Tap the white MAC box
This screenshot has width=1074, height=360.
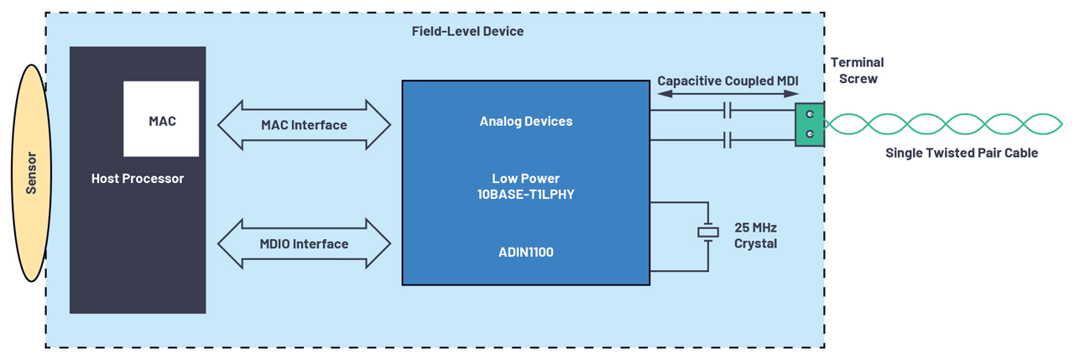161,119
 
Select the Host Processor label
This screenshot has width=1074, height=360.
138,179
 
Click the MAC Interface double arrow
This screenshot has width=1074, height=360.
304,125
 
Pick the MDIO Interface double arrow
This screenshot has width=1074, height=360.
304,244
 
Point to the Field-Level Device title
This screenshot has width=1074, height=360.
467,31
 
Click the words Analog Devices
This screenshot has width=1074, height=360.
525,121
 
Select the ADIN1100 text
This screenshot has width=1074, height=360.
525,252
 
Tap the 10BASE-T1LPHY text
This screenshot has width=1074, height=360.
525,194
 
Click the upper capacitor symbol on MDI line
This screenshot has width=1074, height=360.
727,110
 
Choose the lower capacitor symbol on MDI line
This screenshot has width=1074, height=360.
727,140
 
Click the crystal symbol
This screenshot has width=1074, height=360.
708,232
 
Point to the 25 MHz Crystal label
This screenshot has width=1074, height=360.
755,235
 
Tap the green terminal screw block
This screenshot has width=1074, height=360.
810,124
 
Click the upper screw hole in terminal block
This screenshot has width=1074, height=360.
810,114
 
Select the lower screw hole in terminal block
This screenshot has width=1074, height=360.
810,134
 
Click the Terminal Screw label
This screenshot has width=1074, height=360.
857,70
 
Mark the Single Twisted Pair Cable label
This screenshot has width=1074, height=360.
962,153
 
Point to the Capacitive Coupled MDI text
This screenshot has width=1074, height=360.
727,81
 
